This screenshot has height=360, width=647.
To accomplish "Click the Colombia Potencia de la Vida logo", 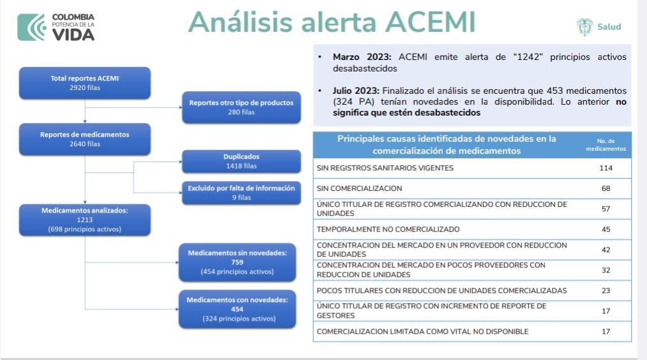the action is (x=56, y=27).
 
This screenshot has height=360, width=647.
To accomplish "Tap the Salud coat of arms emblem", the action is (x=584, y=27).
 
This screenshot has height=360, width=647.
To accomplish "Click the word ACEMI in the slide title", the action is (x=431, y=22).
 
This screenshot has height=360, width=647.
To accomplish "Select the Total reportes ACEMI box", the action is (x=85, y=82).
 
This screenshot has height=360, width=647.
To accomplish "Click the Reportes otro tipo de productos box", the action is (x=241, y=107).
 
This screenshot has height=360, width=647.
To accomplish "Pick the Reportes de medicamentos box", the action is (x=85, y=139).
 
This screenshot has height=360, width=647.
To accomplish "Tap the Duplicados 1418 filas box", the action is (x=241, y=161).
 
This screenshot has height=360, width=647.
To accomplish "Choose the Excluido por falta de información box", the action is (x=241, y=193).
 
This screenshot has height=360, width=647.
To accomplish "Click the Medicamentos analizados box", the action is (x=85, y=220).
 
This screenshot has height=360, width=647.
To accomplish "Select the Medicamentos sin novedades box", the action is (x=237, y=262).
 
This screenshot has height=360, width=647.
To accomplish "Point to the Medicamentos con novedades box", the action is (x=237, y=309).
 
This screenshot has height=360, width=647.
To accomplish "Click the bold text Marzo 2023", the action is (x=362, y=57).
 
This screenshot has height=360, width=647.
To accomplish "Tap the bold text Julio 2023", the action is (x=355, y=91).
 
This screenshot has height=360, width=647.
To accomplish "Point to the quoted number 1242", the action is (x=528, y=57).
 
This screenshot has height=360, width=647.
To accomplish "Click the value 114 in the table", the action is (x=606, y=168).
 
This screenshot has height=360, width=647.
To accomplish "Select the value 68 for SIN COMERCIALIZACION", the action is (x=606, y=188).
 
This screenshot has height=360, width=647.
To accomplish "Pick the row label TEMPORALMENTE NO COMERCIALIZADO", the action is (x=388, y=229).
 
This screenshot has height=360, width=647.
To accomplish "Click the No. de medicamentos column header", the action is (x=606, y=144).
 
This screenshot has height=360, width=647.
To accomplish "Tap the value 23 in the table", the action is (x=606, y=290).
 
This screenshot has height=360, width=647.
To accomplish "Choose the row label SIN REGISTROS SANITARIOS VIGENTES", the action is (x=385, y=168).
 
